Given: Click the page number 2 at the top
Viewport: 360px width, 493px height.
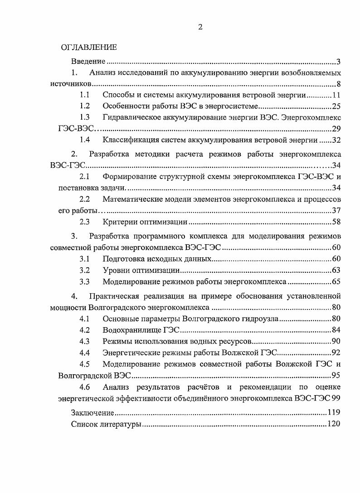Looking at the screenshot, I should click(200, 27).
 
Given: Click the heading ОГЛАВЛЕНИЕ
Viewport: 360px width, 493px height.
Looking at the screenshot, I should click(89, 48).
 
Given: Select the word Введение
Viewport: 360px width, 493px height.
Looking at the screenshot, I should click(88, 61).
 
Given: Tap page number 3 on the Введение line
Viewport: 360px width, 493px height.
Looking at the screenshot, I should click(338, 61).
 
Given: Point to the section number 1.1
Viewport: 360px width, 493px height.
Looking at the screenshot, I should click(84, 95).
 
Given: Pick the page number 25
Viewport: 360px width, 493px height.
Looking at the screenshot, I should click(336, 106).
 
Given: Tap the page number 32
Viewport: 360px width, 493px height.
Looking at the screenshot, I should click(336, 140).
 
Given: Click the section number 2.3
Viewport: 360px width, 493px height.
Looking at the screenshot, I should click(84, 222).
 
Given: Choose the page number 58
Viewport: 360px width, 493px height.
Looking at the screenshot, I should click(336, 222).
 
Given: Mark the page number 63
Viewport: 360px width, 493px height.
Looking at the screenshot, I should click(336, 271).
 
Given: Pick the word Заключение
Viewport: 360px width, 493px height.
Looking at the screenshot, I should click(92, 413).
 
